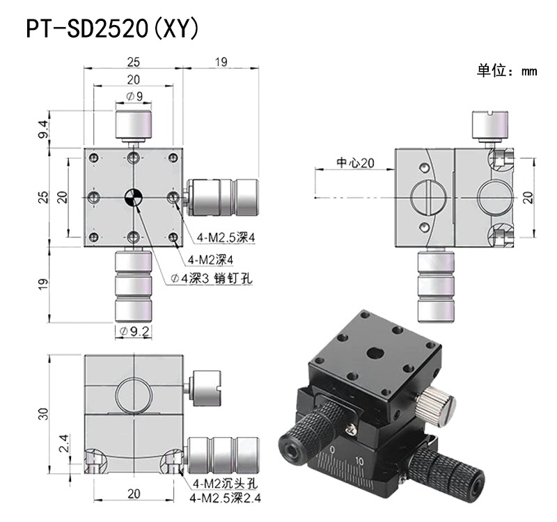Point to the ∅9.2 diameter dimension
134,331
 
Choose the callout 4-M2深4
214,259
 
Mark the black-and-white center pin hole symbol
133,198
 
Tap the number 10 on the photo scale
359,461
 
